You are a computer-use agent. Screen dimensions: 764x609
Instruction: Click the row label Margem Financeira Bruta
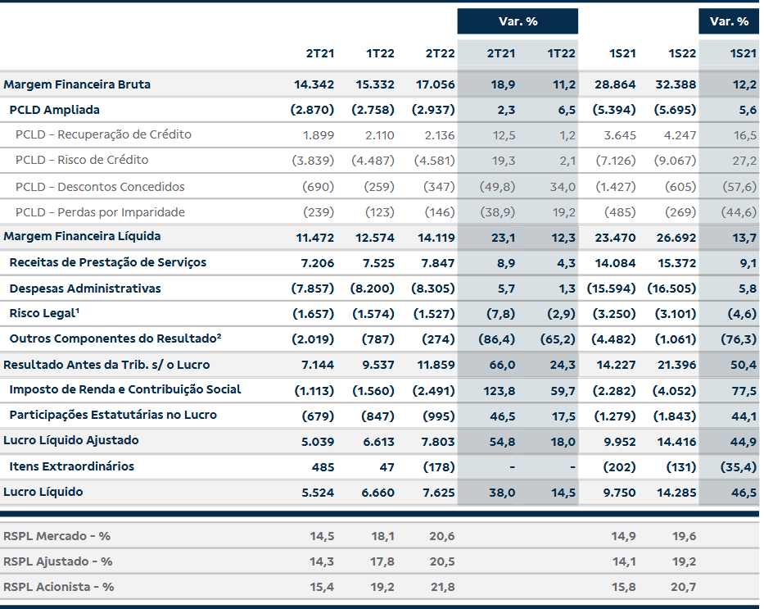[77, 84]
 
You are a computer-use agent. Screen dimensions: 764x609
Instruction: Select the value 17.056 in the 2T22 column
[435, 84]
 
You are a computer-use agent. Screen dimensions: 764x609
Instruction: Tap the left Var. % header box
[518, 21]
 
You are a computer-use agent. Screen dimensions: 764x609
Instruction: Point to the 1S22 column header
[682, 53]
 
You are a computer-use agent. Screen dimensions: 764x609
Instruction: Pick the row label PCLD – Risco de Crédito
[82, 160]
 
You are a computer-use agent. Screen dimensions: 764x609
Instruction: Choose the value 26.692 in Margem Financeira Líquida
[676, 238]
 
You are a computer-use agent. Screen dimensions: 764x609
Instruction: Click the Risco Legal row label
[44, 313]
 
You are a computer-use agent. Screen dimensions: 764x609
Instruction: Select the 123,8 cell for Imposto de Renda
[499, 390]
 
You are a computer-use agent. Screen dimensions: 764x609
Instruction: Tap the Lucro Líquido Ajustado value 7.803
[438, 442]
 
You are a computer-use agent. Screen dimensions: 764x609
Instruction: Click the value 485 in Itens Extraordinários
[323, 467]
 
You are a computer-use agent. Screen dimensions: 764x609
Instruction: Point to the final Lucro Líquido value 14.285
[676, 493]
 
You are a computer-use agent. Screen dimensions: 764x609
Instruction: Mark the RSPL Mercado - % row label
[57, 536]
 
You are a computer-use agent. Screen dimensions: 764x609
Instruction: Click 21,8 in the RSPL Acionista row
[442, 587]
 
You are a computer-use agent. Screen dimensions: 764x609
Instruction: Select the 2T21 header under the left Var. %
[501, 53]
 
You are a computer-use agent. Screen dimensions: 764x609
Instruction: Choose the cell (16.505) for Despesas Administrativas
[672, 289]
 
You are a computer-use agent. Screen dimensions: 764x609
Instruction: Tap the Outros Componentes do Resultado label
[115, 339]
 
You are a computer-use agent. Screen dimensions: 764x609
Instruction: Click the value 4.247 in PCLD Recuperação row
[680, 135]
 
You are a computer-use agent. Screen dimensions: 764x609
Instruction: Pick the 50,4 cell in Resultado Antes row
[744, 365]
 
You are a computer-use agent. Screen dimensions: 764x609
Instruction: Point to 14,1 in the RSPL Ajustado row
[624, 561]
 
